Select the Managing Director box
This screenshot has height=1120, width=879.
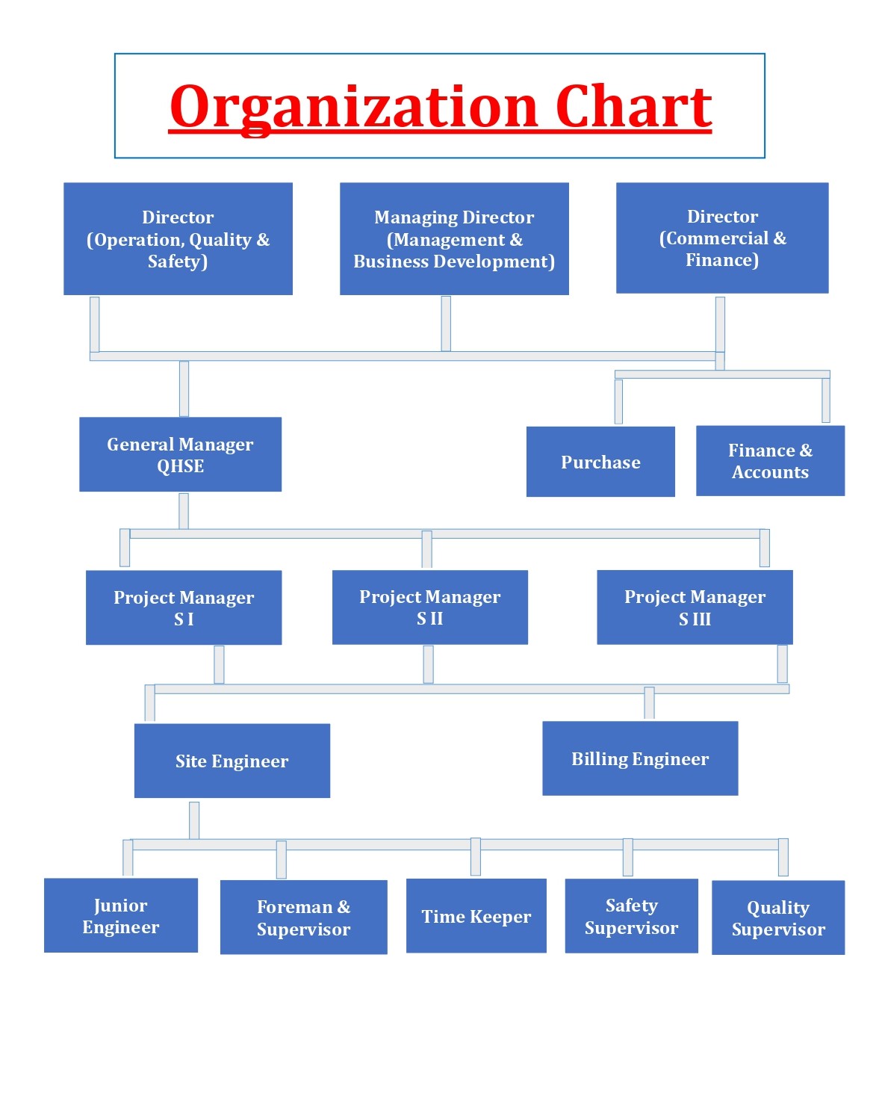pyautogui.click(x=454, y=238)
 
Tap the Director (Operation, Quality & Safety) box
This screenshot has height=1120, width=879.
pyautogui.click(x=178, y=238)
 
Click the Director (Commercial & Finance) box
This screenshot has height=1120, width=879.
pyautogui.click(x=722, y=238)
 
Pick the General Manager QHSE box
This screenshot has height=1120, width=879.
pyautogui.click(x=180, y=454)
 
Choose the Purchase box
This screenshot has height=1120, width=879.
pyautogui.click(x=600, y=462)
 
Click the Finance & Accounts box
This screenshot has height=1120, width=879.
pyautogui.click(x=771, y=461)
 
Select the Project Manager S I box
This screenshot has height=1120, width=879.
pyautogui.click(x=184, y=607)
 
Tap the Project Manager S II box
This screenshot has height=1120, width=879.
pyautogui.click(x=430, y=607)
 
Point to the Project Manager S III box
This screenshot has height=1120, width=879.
pyautogui.click(x=695, y=607)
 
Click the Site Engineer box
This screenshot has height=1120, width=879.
pyautogui.click(x=232, y=761)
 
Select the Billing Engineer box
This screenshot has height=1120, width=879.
pyautogui.click(x=640, y=758)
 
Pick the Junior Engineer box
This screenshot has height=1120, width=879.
pyautogui.click(x=121, y=915)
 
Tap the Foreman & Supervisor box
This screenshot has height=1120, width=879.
pyautogui.click(x=304, y=918)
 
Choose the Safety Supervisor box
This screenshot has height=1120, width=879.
pyautogui.click(x=632, y=916)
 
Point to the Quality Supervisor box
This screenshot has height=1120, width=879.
pyautogui.click(x=779, y=918)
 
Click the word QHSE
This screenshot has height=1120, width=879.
pyautogui.click(x=180, y=466)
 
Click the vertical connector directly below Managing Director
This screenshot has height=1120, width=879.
pyautogui.click(x=446, y=324)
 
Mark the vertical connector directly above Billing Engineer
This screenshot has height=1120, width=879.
pyautogui.click(x=649, y=703)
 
